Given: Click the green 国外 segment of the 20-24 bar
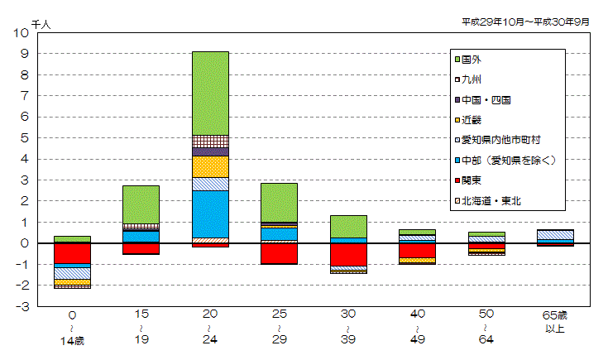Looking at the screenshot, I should (x=210, y=93).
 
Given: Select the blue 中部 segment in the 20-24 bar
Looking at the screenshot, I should (x=210, y=214).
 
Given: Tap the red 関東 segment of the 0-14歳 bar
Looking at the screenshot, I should (x=72, y=253).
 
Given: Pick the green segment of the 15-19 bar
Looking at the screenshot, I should (x=141, y=204).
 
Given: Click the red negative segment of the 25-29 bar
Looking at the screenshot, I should (x=279, y=253).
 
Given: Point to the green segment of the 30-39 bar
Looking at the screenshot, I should (x=348, y=226).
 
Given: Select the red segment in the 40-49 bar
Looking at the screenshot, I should (x=417, y=250).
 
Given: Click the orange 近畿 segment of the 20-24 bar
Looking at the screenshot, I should (x=210, y=166).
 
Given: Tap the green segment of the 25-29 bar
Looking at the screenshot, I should (x=279, y=202).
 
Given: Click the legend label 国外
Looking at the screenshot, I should (x=472, y=60).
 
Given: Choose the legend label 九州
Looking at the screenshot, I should (x=472, y=79).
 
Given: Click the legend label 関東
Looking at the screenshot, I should (x=472, y=180).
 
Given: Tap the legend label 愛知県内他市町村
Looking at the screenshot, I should (x=500, y=140).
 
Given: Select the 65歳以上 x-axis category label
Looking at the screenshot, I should (x=555, y=321).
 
